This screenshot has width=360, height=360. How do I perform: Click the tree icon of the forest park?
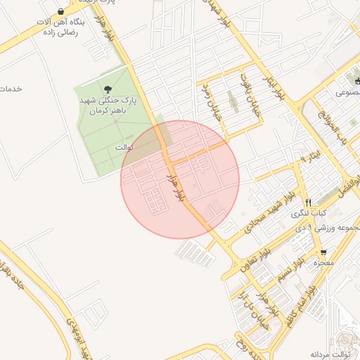click(107, 89)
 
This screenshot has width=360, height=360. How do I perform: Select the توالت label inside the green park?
click(124, 148)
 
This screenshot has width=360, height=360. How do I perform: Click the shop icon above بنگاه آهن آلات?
click(62, 12)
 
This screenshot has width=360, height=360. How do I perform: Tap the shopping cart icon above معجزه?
click(323, 252)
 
